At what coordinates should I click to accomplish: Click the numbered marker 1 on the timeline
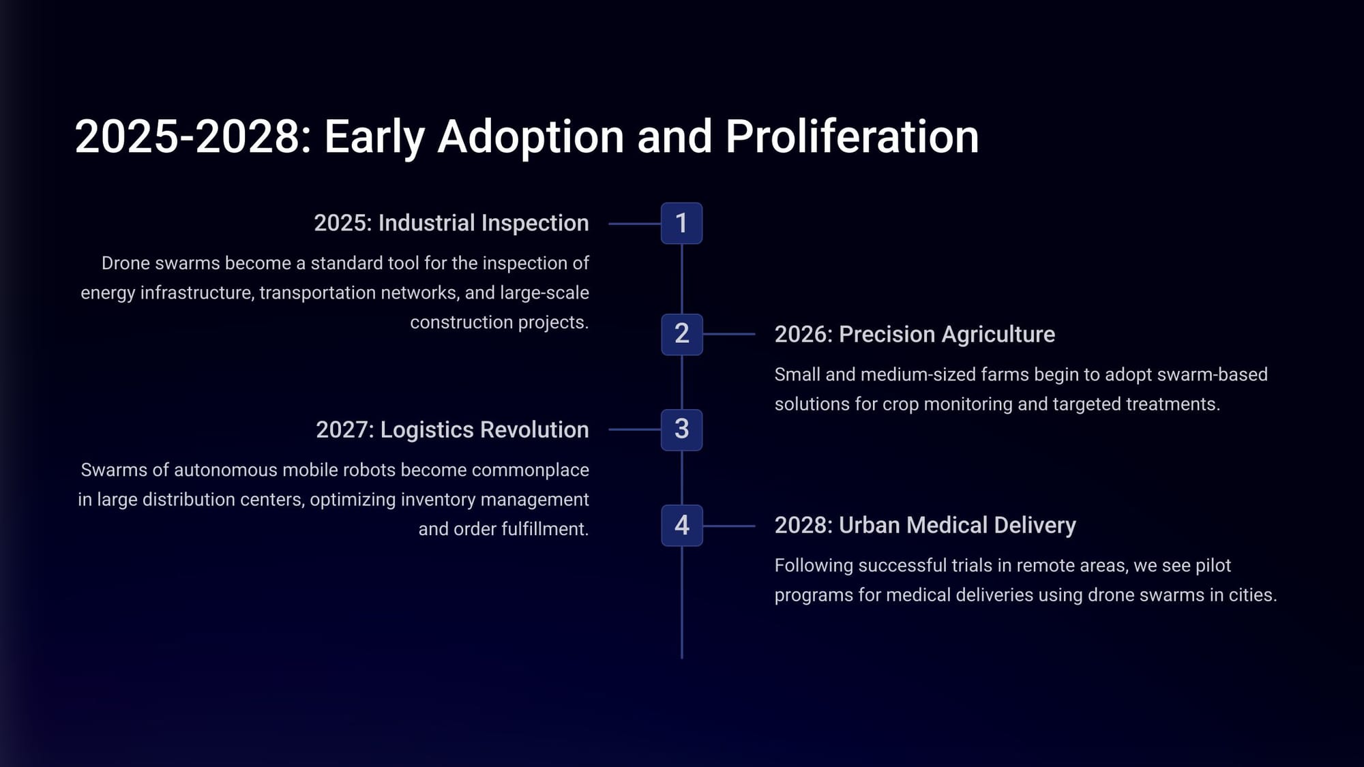[x=681, y=223]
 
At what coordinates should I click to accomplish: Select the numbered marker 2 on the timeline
[x=681, y=334]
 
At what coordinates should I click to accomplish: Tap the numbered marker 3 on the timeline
[x=681, y=430]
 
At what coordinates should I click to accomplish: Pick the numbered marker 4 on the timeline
[x=681, y=525]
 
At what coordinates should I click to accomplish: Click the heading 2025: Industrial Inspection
[x=451, y=223]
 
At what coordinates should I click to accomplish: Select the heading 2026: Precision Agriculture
[x=915, y=334]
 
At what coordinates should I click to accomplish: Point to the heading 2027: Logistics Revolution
[x=452, y=430]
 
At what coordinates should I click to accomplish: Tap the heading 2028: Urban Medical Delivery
[x=925, y=525]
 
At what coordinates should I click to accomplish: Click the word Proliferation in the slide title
[x=852, y=136]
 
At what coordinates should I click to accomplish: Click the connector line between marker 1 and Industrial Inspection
[x=634, y=224]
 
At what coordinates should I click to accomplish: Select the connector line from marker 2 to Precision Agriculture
[x=729, y=334]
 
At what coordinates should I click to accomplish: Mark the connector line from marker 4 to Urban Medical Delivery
[x=729, y=526]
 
